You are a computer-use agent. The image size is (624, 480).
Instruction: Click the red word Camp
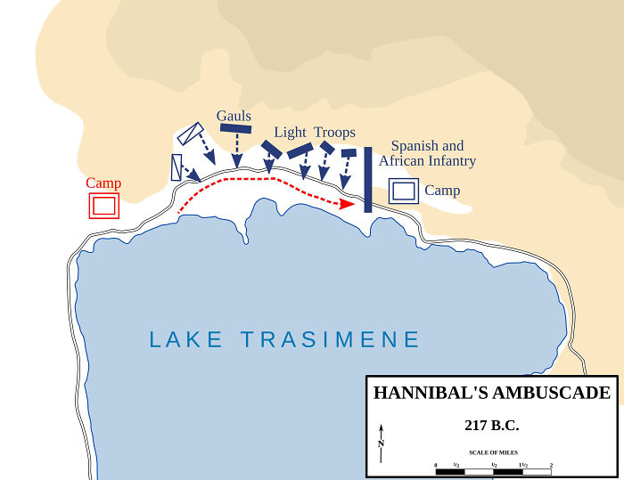pyautogui.click(x=103, y=183)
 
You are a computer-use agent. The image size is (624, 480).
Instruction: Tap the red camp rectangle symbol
pyautogui.click(x=103, y=206)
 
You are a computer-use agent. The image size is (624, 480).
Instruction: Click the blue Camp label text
pyautogui.click(x=442, y=191)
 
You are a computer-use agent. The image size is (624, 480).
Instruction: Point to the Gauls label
pyautogui.click(x=234, y=116)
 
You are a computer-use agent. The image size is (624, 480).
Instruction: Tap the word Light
pyautogui.click(x=291, y=133)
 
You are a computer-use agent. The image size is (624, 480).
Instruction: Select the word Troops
pyautogui.click(x=334, y=133)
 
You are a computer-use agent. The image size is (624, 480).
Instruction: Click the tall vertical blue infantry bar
pyautogui.click(x=367, y=179)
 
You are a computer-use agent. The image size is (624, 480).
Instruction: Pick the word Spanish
pyautogui.click(x=415, y=146)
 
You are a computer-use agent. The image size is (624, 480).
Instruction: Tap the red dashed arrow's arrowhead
pyautogui.click(x=347, y=204)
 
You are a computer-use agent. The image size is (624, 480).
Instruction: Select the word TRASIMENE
pyautogui.click(x=331, y=339)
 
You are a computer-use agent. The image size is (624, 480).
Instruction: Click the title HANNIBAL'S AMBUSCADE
pyautogui.click(x=491, y=393)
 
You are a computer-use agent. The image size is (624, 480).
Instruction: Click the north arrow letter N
pyautogui.click(x=381, y=443)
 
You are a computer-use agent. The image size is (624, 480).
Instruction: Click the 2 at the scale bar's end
pyautogui.click(x=551, y=466)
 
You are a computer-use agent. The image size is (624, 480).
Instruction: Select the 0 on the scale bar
pyautogui.click(x=436, y=466)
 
